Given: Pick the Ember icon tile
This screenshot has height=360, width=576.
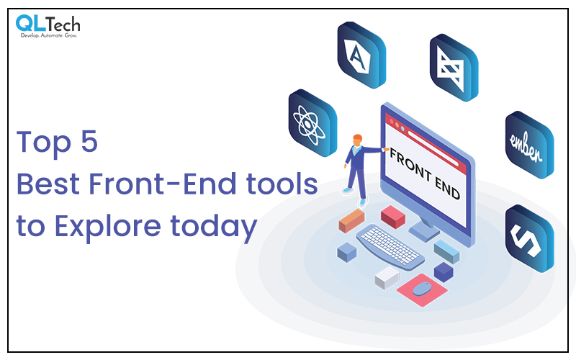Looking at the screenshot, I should click(x=529, y=143).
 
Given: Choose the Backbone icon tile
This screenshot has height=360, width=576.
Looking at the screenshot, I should click(x=454, y=68).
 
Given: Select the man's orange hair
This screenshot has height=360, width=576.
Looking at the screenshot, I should click(x=357, y=138).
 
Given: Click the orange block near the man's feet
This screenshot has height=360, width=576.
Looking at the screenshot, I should click(x=351, y=221).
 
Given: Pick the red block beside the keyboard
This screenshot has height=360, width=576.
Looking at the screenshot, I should click(x=393, y=215).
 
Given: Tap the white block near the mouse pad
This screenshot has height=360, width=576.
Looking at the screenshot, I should click(x=387, y=276).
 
